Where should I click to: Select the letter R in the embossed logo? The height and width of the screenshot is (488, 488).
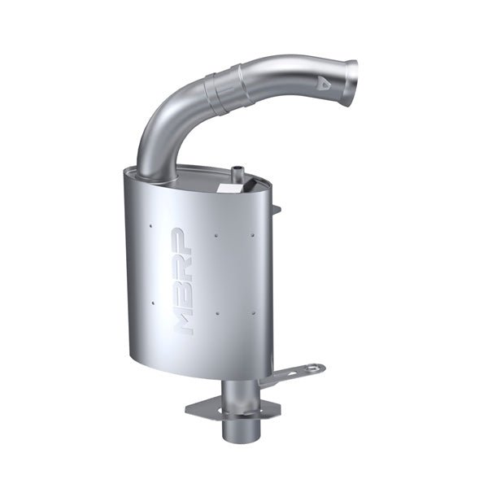point(185,262)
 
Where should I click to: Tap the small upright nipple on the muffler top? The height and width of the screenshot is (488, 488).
point(237,172)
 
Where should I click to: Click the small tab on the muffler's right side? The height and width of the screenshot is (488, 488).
point(277,210)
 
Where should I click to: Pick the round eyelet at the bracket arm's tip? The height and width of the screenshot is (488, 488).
point(316,368)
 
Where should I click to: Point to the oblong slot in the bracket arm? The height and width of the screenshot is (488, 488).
point(285,376)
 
